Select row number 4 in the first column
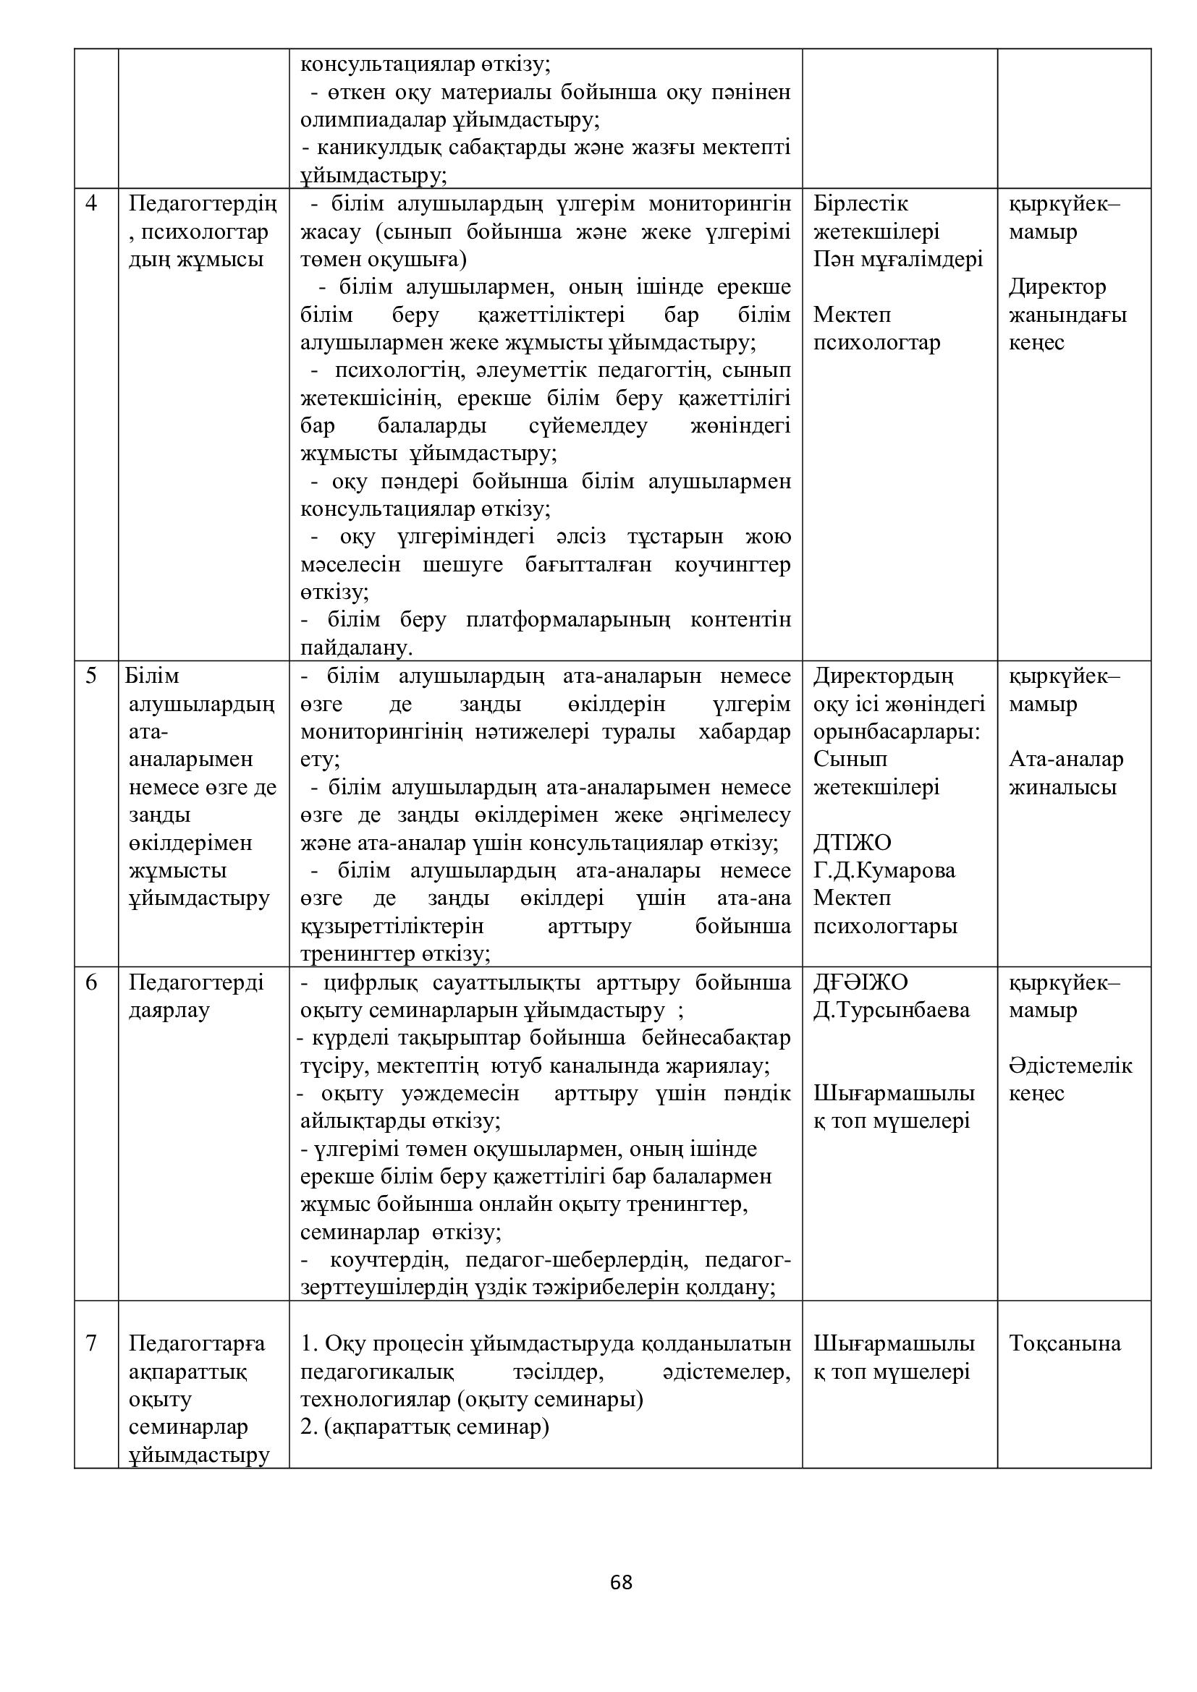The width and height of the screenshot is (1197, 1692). coord(91,203)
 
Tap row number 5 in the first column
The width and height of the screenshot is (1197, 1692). coord(91,676)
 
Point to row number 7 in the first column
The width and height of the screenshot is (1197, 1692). coord(91,1343)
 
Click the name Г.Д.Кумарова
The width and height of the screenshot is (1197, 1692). coord(884,870)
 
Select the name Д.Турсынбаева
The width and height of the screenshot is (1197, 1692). coord(891,1010)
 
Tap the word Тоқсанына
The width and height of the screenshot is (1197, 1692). coord(1065,1343)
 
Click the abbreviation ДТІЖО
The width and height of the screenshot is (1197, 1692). coord(852,842)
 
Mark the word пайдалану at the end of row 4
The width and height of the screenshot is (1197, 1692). coord(355,648)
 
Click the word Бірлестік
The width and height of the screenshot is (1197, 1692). coord(860,203)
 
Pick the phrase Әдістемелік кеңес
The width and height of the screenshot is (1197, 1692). coord(1070,1079)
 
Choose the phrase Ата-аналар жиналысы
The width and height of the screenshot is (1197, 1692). coord(1065,773)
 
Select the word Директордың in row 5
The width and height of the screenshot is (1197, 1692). coord(883,676)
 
